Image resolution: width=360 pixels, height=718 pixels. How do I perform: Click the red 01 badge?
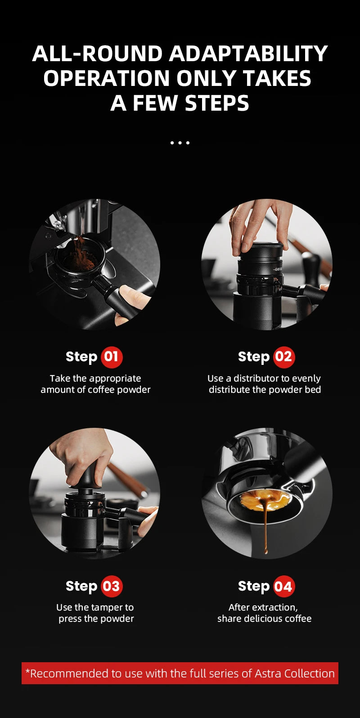(x=112, y=357)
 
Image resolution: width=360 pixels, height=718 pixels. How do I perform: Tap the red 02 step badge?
(x=283, y=357)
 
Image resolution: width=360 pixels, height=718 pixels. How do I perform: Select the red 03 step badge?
(x=112, y=587)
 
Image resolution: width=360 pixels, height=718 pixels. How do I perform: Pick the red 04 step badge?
(x=283, y=587)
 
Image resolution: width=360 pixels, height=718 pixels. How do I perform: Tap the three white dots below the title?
(x=180, y=143)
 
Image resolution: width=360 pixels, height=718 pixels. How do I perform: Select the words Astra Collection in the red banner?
(x=294, y=673)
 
